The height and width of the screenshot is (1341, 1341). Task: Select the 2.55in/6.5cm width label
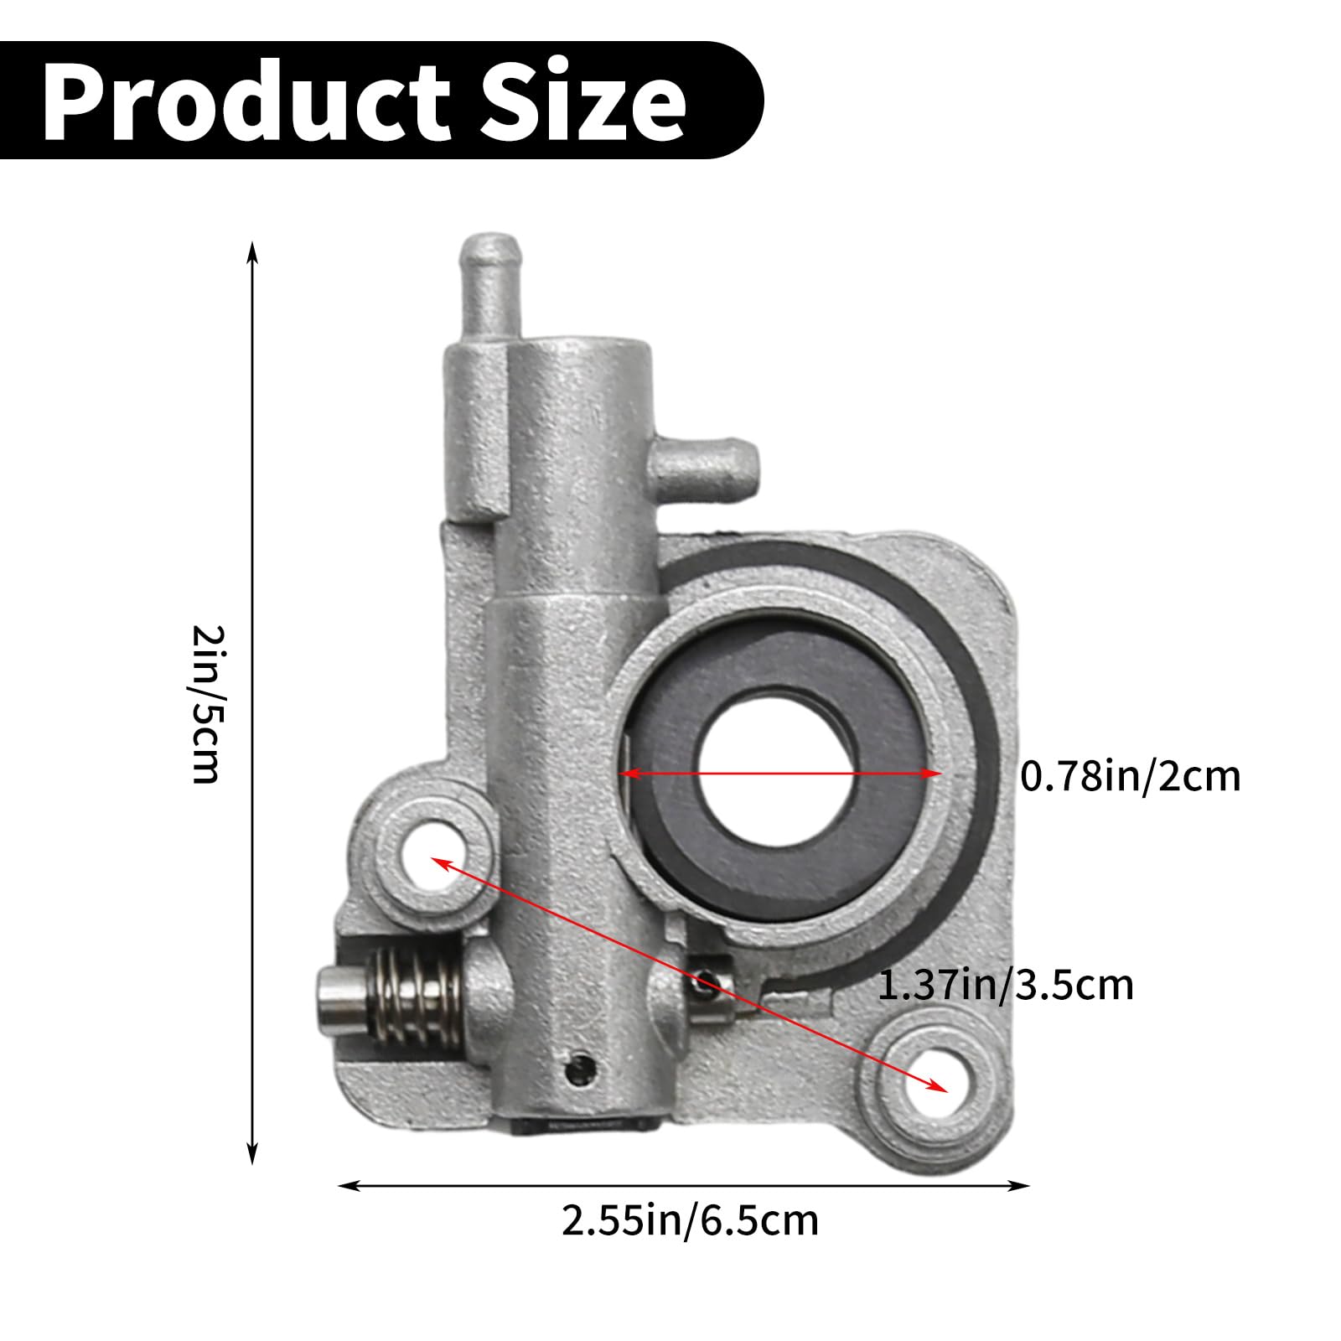coord(690,1221)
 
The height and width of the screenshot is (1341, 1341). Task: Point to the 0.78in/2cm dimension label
coord(1130,776)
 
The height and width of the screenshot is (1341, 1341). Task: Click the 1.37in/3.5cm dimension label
coord(1005,985)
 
